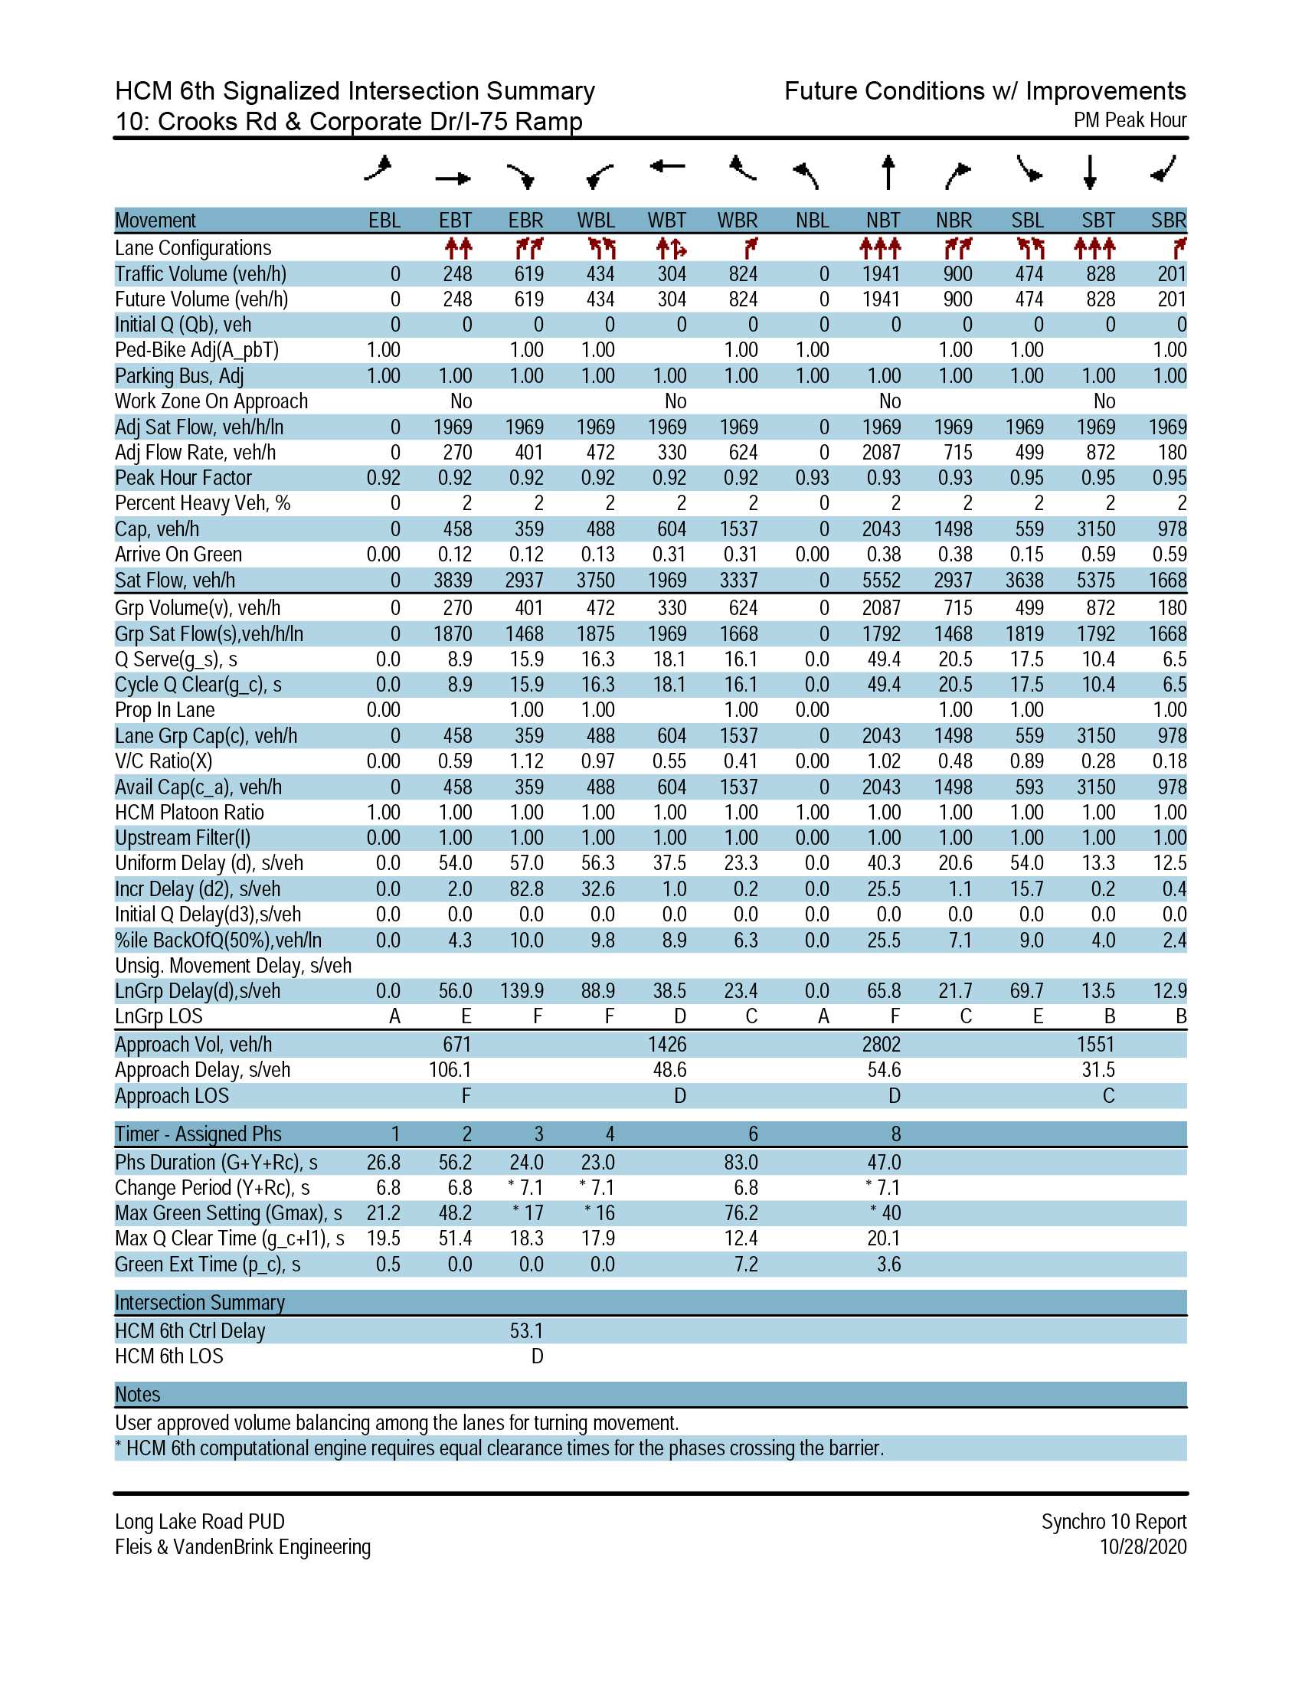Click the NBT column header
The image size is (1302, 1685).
click(x=882, y=221)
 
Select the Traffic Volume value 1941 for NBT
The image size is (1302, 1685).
click(x=881, y=274)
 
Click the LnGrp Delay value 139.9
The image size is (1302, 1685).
click(x=522, y=990)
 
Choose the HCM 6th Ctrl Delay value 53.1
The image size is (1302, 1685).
click(x=527, y=1331)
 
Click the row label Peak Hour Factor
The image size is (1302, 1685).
click(x=183, y=479)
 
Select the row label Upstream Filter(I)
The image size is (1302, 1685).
click(x=183, y=838)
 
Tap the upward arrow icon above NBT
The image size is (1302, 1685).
click(x=888, y=172)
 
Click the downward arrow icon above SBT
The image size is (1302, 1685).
click(x=1090, y=172)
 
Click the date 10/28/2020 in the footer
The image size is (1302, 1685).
click(x=1143, y=1547)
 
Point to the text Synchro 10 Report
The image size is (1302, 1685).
click(x=1114, y=1521)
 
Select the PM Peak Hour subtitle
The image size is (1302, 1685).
click(x=1130, y=120)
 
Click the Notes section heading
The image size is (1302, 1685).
click(x=137, y=1395)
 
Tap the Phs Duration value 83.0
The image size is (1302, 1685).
click(x=741, y=1163)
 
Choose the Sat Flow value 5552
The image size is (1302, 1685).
click(x=881, y=581)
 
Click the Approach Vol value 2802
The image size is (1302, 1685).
click(x=881, y=1045)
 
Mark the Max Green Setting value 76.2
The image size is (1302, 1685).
click(x=741, y=1214)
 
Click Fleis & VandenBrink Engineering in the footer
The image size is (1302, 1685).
click(x=243, y=1547)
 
